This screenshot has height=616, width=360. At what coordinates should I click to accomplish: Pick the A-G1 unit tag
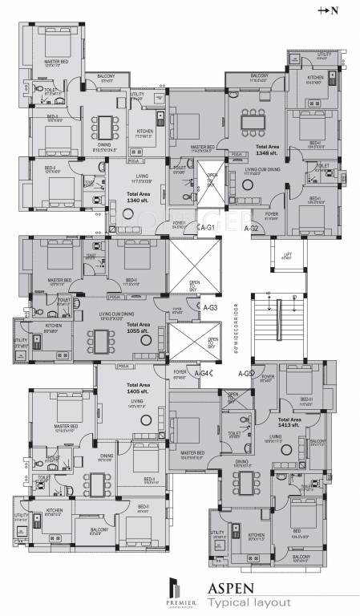pos(206,229)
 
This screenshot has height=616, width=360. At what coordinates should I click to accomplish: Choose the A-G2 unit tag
pos(252,229)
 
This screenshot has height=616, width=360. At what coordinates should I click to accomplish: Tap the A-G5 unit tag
pos(245,373)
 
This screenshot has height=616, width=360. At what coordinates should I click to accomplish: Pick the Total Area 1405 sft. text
pos(136,385)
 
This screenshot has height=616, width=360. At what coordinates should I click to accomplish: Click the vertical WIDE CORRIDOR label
pos(238,324)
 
